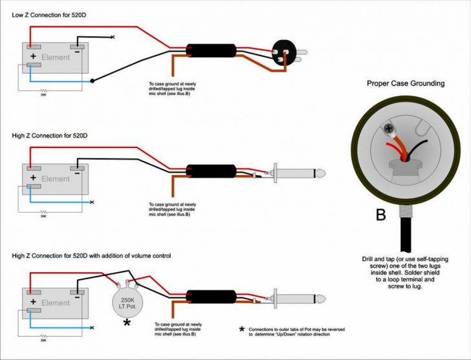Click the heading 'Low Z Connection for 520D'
click(49, 15)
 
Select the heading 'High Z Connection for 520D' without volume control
click(50, 136)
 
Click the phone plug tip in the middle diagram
click(320, 173)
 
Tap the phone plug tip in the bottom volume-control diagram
click(320, 299)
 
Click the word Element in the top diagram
click(55, 58)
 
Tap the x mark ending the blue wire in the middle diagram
click(92, 202)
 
